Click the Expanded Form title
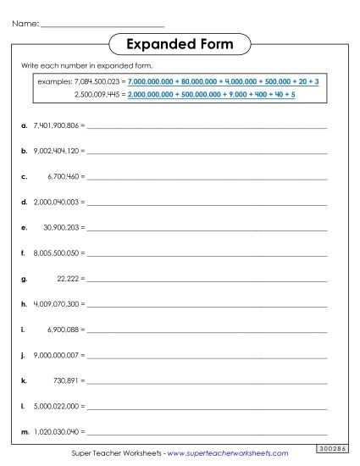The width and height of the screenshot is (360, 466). [180, 43]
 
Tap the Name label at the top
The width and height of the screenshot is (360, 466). [25, 24]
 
